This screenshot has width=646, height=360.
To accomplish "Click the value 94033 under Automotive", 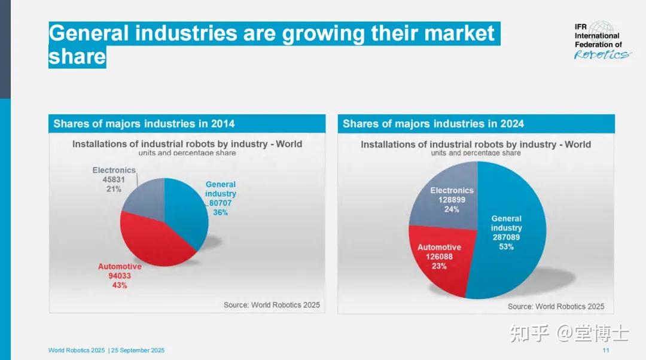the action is tap(120, 276).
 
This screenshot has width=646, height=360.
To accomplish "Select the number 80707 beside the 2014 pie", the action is tap(220, 203).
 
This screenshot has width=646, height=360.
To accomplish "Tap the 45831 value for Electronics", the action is tap(114, 179).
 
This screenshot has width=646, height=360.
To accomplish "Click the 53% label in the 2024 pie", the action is tap(507, 247).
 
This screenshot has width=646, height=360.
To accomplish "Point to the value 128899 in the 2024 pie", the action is tap(452, 200).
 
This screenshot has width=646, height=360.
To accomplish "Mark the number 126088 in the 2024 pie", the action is tap(439, 257).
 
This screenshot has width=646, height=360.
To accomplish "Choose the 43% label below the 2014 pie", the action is tap(120, 285).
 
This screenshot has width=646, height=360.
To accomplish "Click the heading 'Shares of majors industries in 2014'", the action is tap(144, 124).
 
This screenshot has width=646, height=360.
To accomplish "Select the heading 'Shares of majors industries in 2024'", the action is tap(434, 124).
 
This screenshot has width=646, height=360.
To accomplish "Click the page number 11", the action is tap(605, 350).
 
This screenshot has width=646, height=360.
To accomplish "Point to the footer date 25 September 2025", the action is tap(138, 350).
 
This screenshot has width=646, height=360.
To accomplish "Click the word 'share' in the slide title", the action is tap(77, 57).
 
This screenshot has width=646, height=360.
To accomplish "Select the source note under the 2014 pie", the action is tap(272, 305).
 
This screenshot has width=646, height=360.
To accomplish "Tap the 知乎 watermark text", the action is tap(529, 333).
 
